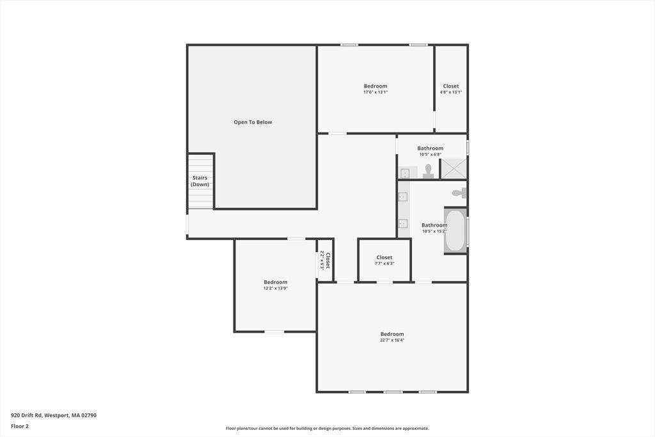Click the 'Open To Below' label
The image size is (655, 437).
point(253,122)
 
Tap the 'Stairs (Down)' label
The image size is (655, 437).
point(200,181)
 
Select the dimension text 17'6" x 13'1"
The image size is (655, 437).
point(375,92)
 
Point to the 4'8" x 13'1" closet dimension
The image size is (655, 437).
point(451,92)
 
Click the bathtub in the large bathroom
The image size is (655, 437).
point(455,230)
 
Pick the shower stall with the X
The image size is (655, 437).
point(454,168)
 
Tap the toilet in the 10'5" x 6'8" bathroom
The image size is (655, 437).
point(428,171)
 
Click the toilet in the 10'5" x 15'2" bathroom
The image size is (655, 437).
point(459,193)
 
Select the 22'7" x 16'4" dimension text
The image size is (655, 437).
point(392,340)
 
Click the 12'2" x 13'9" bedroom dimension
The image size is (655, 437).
point(276,289)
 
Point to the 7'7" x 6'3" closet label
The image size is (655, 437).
point(384,264)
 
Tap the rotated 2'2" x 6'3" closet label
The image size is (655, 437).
point(325,260)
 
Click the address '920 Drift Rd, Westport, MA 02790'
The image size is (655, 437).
point(54,415)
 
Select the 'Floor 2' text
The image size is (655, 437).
point(20,426)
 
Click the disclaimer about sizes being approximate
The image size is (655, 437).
point(327,428)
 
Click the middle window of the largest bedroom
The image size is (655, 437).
point(393,392)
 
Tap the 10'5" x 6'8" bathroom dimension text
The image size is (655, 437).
point(430,154)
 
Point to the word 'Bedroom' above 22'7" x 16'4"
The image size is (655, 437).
point(392,334)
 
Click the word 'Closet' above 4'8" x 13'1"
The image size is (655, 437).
point(451,86)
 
